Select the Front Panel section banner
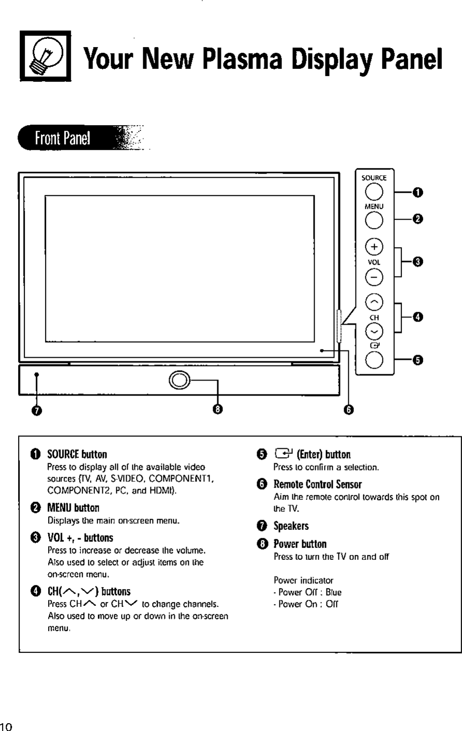point(62,138)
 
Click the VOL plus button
point(374,247)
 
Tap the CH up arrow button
point(374,302)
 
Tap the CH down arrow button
point(374,330)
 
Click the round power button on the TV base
point(177,379)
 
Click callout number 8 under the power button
point(218,409)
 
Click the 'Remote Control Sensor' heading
point(317,484)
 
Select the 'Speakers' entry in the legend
point(291,526)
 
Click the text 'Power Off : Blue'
point(307,592)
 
